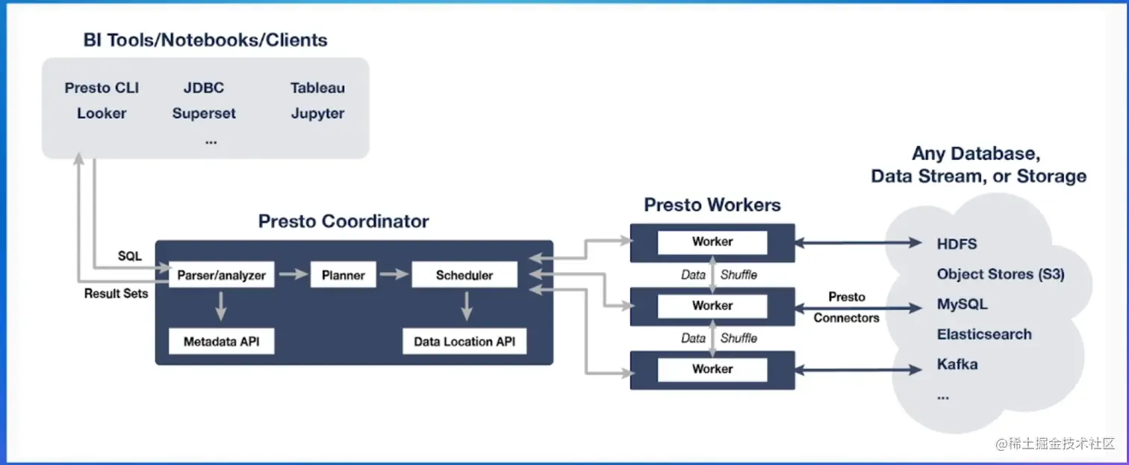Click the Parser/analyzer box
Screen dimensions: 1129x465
[221, 274]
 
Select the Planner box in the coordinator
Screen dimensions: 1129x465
[343, 274]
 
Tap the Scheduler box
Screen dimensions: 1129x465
[464, 274]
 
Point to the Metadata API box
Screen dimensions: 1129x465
[221, 342]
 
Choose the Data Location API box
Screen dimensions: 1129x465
[464, 342]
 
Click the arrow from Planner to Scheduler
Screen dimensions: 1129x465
[394, 274]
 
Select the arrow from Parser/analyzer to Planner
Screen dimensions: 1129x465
[293, 274]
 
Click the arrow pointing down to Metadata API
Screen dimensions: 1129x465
[221, 306]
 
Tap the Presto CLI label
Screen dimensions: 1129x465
[102, 88]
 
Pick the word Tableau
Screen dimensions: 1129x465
[317, 88]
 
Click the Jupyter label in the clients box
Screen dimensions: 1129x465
[317, 113]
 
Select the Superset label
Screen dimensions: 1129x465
[204, 113]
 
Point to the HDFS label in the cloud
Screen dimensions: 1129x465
[957, 244]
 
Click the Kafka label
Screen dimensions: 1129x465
[957, 364]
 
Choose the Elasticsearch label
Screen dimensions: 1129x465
[984, 334]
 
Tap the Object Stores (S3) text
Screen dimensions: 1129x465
[1001, 274]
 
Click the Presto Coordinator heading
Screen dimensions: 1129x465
[343, 221]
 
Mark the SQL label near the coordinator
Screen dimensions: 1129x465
[129, 256]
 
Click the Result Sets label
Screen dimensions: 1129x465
[116, 293]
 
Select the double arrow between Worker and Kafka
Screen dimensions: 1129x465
[859, 370]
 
